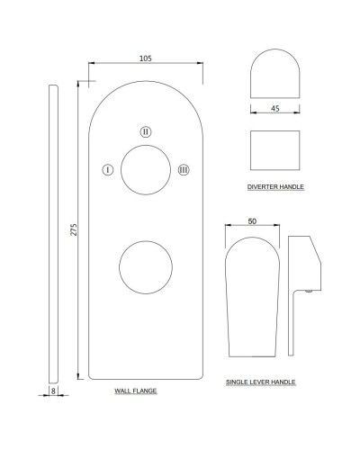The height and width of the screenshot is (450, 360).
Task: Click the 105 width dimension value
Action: (x=146, y=58)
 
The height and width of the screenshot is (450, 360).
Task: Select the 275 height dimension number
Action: (x=74, y=229)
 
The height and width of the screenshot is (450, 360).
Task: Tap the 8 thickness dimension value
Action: (x=53, y=391)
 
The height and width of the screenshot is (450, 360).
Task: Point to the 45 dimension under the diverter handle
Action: (x=275, y=108)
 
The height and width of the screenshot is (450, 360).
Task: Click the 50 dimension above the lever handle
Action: (x=252, y=221)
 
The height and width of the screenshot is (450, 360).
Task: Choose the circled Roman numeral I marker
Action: (x=108, y=170)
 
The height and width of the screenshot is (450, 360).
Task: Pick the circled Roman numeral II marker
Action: (x=146, y=131)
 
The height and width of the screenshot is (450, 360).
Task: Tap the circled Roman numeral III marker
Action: (x=184, y=170)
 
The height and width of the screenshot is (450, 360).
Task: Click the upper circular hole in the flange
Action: (x=146, y=145)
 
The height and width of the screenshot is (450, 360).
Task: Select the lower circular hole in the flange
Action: (x=146, y=241)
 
